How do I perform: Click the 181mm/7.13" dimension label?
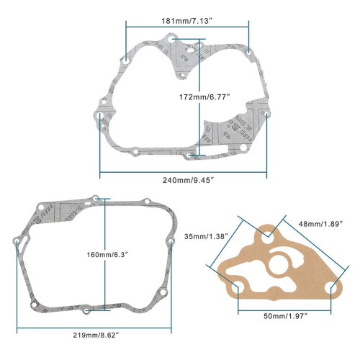coord(187,21)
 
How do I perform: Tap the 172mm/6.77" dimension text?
coord(204,97)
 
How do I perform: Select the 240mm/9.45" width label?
coord(188,180)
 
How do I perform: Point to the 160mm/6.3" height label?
coord(107,254)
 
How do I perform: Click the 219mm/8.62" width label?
coord(96,335)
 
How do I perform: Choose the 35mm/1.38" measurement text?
coord(206,236)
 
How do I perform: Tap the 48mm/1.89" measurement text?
coord(320,224)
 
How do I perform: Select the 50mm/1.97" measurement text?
coord(286,316)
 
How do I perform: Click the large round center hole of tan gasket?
coord(279,265)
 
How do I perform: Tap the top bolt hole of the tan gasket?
coord(267,239)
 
